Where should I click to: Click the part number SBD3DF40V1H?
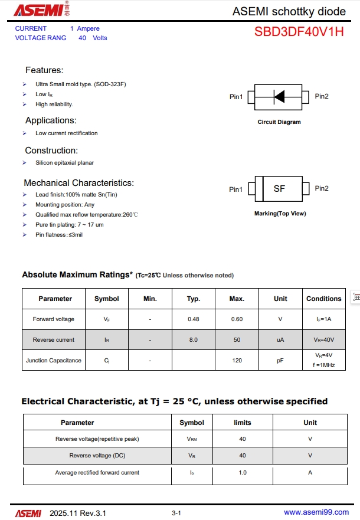click(299, 32)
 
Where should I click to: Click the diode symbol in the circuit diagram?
click(279, 96)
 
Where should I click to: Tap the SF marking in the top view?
click(279, 189)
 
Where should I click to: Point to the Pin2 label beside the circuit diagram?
click(322, 96)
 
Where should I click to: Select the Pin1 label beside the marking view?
click(235, 189)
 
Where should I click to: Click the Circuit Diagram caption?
click(279, 122)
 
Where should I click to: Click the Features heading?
click(44, 70)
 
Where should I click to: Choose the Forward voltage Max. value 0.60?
click(237, 319)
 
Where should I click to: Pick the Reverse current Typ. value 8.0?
click(194, 340)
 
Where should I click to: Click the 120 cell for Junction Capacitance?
click(237, 360)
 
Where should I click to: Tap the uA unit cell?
click(280, 340)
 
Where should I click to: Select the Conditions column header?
click(324, 299)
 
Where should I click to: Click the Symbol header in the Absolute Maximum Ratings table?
click(107, 299)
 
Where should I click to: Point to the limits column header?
click(243, 423)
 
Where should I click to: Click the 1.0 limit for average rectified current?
click(243, 473)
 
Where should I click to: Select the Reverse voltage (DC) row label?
click(97, 456)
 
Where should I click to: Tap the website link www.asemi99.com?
click(316, 512)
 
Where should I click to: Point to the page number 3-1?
click(176, 513)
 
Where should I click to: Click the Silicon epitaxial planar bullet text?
click(64, 162)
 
